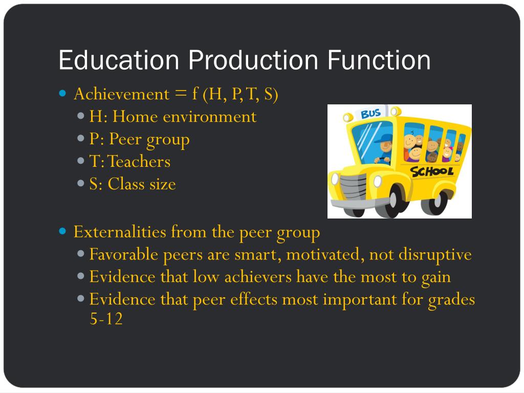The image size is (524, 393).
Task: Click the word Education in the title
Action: [119, 60]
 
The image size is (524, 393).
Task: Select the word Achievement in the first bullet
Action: [121, 94]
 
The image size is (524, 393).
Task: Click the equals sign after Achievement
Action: [180, 94]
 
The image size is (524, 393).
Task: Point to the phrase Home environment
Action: [184, 117]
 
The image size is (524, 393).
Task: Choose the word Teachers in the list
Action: [139, 162]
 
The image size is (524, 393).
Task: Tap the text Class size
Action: [142, 184]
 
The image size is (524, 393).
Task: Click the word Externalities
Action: [120, 232]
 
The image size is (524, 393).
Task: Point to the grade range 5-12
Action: [106, 319]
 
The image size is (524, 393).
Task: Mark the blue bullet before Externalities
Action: [63, 232]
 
